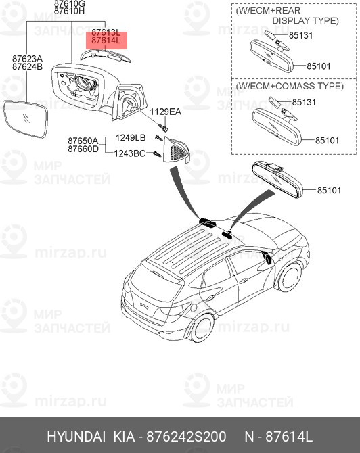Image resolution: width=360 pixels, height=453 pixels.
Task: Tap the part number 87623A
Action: point(28,59)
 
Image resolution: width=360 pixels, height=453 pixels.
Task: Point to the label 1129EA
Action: point(166,112)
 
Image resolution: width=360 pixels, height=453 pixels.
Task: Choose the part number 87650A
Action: point(83,141)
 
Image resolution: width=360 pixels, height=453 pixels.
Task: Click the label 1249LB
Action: point(131,138)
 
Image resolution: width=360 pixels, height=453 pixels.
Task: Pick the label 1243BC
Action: point(131,153)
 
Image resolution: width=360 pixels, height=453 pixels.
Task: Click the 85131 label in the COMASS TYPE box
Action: point(303,102)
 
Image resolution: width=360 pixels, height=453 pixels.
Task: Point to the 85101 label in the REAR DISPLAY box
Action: point(318,66)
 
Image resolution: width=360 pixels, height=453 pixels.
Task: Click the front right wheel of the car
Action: point(290,275)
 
